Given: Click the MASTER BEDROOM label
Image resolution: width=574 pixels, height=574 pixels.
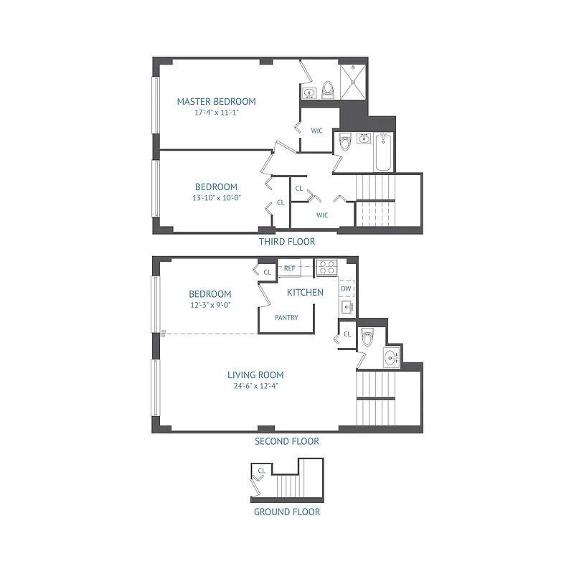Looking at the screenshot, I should click(216, 101).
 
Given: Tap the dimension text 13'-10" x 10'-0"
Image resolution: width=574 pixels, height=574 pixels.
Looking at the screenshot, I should click(216, 197).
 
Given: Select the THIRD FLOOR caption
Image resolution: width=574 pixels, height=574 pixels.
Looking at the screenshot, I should click(286, 242).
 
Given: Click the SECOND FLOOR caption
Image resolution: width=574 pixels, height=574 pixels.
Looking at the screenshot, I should click(286, 441).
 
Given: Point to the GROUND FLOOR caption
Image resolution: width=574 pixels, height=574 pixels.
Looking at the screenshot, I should click(286, 512).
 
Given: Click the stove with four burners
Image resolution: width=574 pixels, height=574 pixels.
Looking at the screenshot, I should click(327, 268).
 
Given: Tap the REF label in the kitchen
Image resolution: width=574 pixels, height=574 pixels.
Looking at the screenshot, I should click(290, 268).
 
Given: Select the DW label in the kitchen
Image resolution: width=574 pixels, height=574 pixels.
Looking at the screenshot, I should click(346, 289).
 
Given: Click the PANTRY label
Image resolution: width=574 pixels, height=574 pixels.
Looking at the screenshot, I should click(286, 317).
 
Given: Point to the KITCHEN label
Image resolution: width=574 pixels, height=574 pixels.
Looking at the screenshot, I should click(305, 292).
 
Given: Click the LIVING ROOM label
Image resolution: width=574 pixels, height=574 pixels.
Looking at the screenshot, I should click(255, 375).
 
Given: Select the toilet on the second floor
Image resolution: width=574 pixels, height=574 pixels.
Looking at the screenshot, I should click(368, 336).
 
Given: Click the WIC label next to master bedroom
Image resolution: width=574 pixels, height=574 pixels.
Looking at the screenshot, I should click(316, 131).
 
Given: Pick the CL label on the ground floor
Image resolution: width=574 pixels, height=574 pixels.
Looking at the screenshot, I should click(261, 471).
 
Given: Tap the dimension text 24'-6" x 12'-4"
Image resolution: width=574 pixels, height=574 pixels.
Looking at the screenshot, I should click(255, 385).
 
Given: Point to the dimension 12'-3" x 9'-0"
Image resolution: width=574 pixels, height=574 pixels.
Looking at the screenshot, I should click(210, 304).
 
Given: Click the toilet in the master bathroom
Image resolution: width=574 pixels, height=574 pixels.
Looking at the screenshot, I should click(328, 89).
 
